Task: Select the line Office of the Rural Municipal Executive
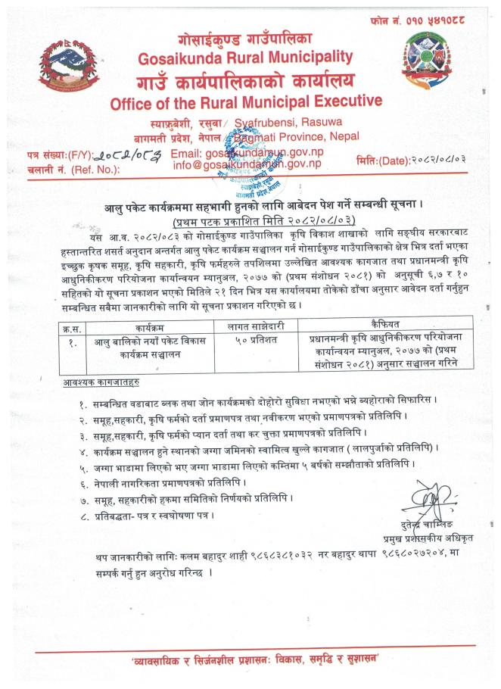(246, 103)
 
